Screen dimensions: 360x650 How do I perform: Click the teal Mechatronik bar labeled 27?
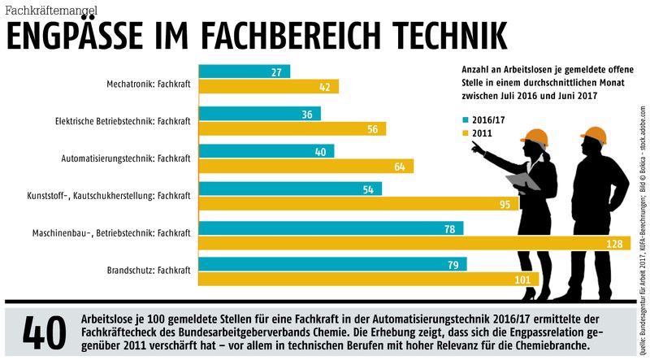(244, 72)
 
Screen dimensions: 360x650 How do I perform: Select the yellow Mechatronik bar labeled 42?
(268, 87)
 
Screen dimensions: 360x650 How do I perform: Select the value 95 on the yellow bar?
(505, 205)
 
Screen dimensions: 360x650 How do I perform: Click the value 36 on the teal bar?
(306, 115)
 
